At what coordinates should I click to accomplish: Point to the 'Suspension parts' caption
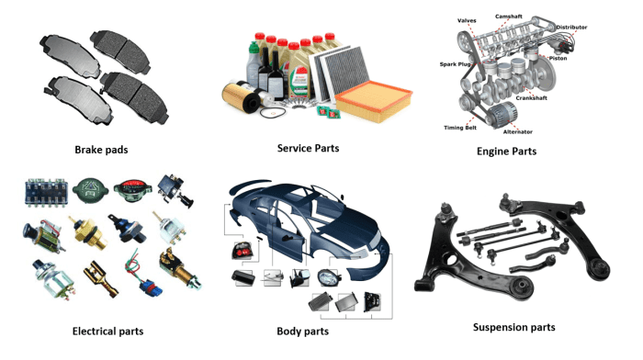[513, 326]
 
